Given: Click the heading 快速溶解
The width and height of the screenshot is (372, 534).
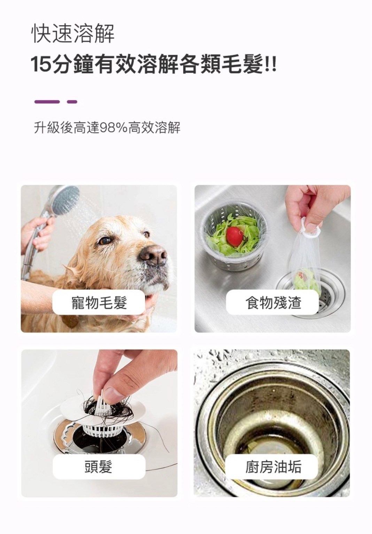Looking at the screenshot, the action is pyautogui.click(x=73, y=33).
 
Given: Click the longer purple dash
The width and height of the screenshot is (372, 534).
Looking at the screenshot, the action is pyautogui.click(x=47, y=102).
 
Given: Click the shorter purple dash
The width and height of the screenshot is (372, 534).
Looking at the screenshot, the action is pyautogui.click(x=72, y=102).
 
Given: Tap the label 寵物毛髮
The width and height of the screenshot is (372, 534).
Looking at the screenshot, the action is pyautogui.click(x=99, y=303).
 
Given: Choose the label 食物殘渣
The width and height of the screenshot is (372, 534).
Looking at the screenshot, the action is pyautogui.click(x=273, y=303).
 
